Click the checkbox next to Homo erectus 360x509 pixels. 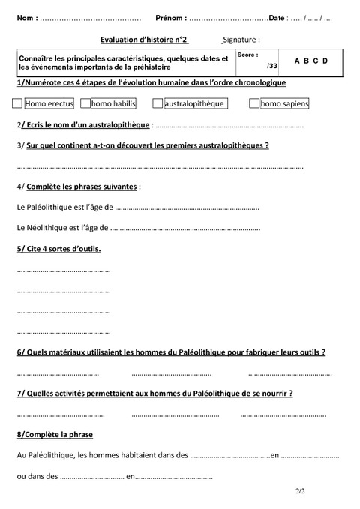click(x=18, y=103)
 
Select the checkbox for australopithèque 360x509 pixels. click(x=157, y=103)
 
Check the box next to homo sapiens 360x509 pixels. click(x=254, y=103)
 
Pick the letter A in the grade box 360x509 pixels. click(x=297, y=60)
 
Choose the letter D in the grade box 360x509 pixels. click(x=325, y=60)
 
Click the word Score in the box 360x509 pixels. click(x=247, y=55)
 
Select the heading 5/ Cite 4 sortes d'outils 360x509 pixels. click(x=58, y=248)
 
